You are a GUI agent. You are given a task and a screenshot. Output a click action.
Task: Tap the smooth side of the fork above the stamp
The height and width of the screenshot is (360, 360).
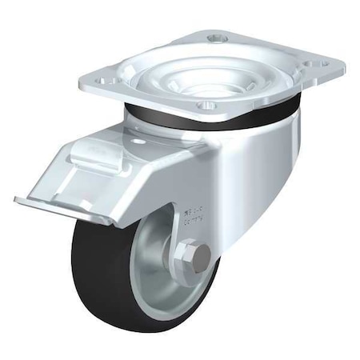[x=240, y=160]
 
